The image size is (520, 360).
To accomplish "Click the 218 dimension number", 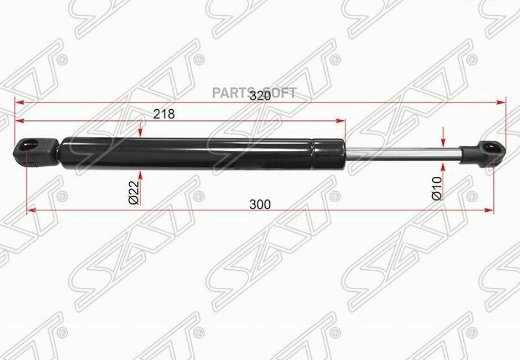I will click(x=164, y=114).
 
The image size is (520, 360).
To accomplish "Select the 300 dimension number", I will click(x=260, y=204).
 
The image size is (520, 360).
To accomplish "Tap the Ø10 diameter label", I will click(x=437, y=188).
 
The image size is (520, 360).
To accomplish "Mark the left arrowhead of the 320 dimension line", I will click(x=18, y=102).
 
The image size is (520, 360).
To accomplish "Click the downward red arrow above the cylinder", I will click(x=140, y=132).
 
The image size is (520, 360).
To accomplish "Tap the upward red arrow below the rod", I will click(x=442, y=168).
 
